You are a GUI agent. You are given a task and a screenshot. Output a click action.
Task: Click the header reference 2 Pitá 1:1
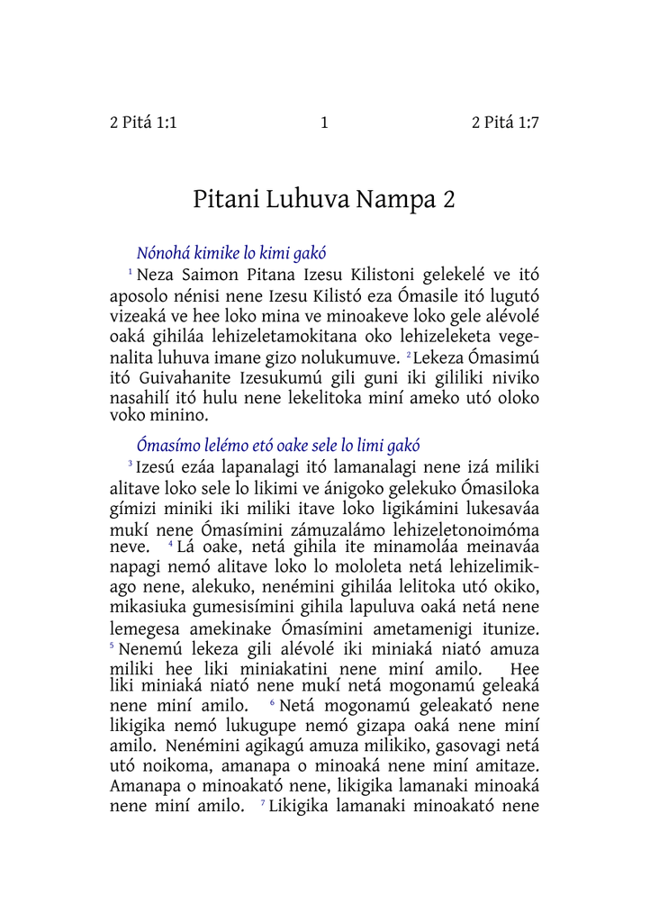pyautogui.click(x=143, y=123)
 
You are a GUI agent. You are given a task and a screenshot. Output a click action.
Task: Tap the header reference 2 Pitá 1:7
pyautogui.click(x=505, y=123)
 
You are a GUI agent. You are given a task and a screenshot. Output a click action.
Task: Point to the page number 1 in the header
pyautogui.click(x=324, y=123)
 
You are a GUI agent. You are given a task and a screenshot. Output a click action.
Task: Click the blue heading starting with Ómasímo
pyautogui.click(x=278, y=445)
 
